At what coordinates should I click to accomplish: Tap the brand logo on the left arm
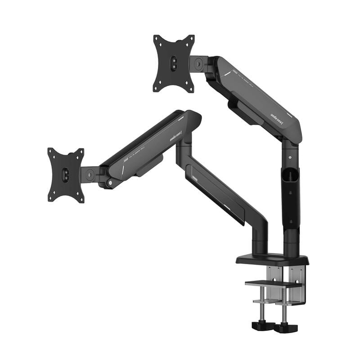click(175, 137)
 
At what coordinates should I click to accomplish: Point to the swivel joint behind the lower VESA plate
click(90, 175)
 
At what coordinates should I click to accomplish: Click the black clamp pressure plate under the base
click(273, 283)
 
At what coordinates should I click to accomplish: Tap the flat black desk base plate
click(272, 260)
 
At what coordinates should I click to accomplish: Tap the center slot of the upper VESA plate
click(174, 63)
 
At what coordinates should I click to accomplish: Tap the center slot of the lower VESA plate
click(66, 175)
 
